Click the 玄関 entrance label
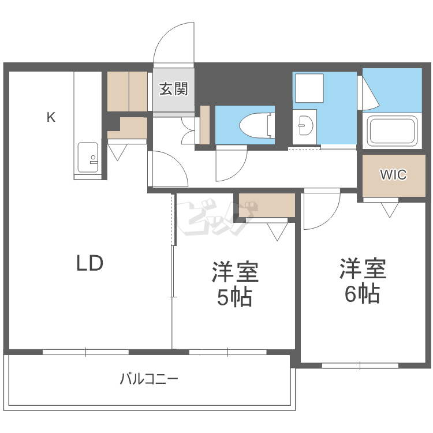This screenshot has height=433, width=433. click(173, 89)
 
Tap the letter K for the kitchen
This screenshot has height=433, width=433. click(51, 118)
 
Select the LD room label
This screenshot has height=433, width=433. click(90, 263)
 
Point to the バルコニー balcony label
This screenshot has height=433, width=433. click(149, 379)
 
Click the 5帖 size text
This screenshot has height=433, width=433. click(234, 297)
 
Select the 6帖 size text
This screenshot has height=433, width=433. click(362, 294)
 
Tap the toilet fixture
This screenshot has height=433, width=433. click(254, 124)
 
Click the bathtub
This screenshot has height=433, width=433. click(393, 131)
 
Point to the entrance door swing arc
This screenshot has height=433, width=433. click(173, 42)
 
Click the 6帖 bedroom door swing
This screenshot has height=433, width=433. click(320, 211)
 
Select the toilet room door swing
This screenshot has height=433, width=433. click(231, 165)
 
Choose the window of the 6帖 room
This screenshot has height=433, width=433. click(360, 365)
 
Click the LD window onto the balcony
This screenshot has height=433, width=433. click(85, 351)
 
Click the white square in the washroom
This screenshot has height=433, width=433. click(309, 88)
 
